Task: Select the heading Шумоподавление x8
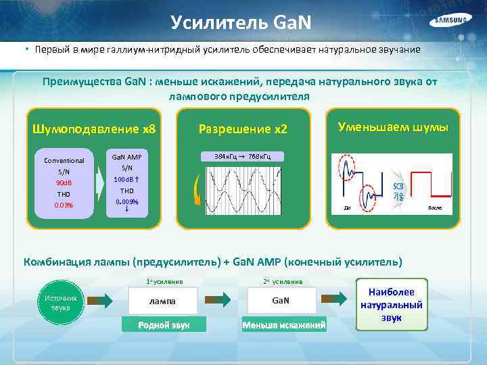click(94, 128)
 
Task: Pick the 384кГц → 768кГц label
click(242, 157)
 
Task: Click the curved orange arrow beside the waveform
click(196, 191)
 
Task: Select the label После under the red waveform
click(434, 208)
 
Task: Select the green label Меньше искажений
click(284, 326)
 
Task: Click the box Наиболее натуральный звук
click(392, 305)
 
